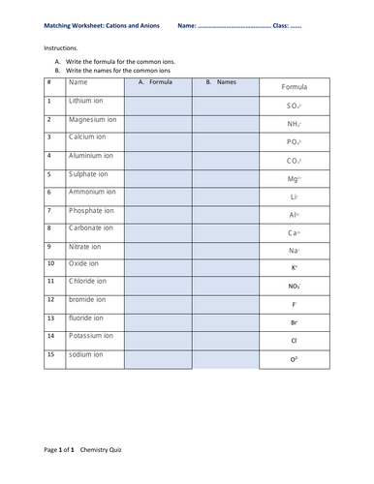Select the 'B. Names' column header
tap(221, 83)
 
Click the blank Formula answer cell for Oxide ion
tap(157, 265)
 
